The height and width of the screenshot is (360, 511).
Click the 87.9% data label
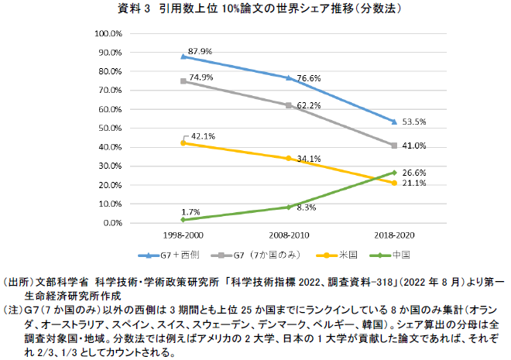201,50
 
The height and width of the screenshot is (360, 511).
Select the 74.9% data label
201,77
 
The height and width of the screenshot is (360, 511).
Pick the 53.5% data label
415,122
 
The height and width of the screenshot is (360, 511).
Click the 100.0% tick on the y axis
107,34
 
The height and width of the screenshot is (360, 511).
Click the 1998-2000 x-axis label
183,233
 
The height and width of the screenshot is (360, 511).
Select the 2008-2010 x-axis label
289,233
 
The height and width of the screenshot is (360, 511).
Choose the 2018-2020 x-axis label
395,233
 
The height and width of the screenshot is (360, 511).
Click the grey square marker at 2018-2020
395,146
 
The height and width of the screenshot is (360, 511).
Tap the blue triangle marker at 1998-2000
183,57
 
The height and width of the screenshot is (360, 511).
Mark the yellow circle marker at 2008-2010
289,158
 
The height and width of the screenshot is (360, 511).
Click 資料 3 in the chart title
135,9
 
